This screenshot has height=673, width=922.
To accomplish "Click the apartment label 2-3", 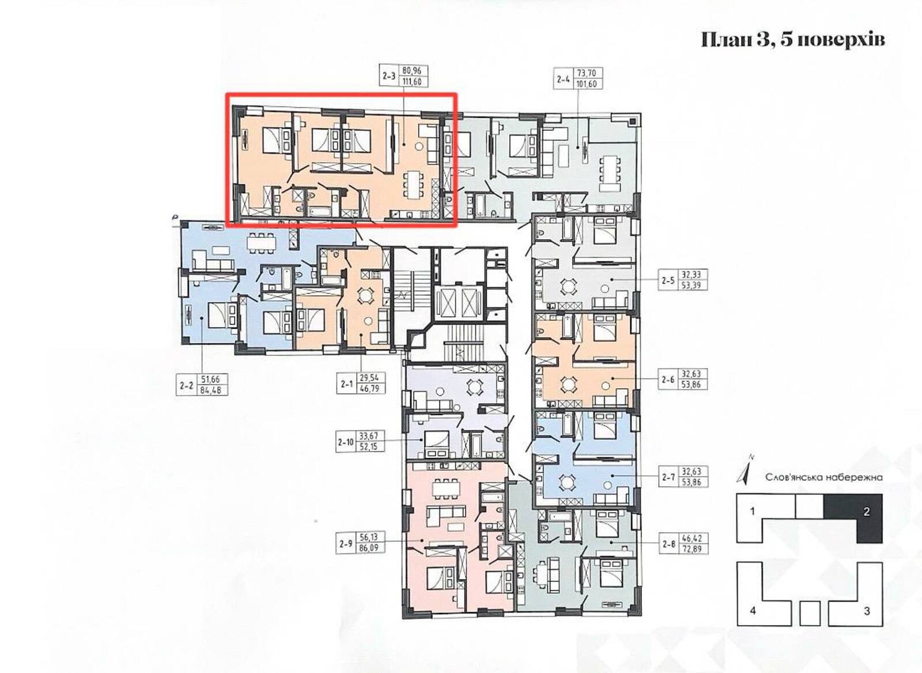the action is point(389,76).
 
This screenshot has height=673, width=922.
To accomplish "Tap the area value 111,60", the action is point(412,81).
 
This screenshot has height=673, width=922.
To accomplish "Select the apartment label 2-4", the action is point(564,78).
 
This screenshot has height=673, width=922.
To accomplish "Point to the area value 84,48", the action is point(211,389).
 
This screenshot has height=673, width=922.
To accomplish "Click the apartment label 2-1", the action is point(347,384).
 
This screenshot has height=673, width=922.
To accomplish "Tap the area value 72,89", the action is point(691,549).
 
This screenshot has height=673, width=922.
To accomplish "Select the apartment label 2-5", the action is point(668,280).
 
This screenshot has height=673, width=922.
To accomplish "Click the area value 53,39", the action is point(691,285).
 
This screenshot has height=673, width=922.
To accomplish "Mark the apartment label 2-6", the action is point(668,379).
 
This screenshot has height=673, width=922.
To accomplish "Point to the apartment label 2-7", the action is point(668,477).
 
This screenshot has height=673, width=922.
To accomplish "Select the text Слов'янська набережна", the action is point(824,478).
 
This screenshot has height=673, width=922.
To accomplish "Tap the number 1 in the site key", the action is point(753,512).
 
